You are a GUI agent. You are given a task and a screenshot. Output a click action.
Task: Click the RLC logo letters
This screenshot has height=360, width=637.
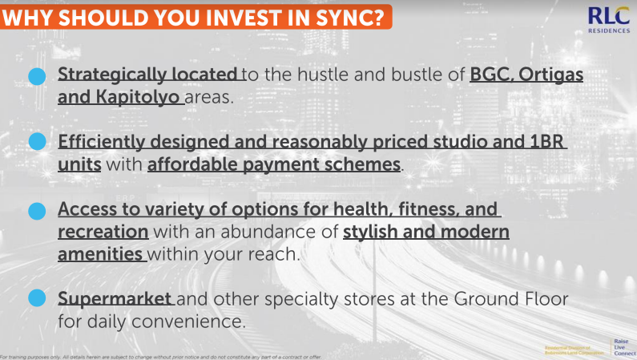point(608,15)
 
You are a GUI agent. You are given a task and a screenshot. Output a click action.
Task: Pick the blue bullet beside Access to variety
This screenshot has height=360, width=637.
point(37,211)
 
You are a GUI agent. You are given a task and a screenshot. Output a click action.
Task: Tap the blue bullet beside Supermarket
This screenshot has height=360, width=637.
point(37,299)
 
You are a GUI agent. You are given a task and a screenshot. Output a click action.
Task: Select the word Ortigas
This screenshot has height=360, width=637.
point(550,76)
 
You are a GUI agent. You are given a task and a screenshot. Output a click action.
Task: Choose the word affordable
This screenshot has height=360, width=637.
point(190,165)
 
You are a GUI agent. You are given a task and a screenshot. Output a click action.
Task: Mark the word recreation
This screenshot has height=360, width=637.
point(103,232)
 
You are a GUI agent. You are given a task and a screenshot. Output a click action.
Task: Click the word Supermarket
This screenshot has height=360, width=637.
point(115,299)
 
